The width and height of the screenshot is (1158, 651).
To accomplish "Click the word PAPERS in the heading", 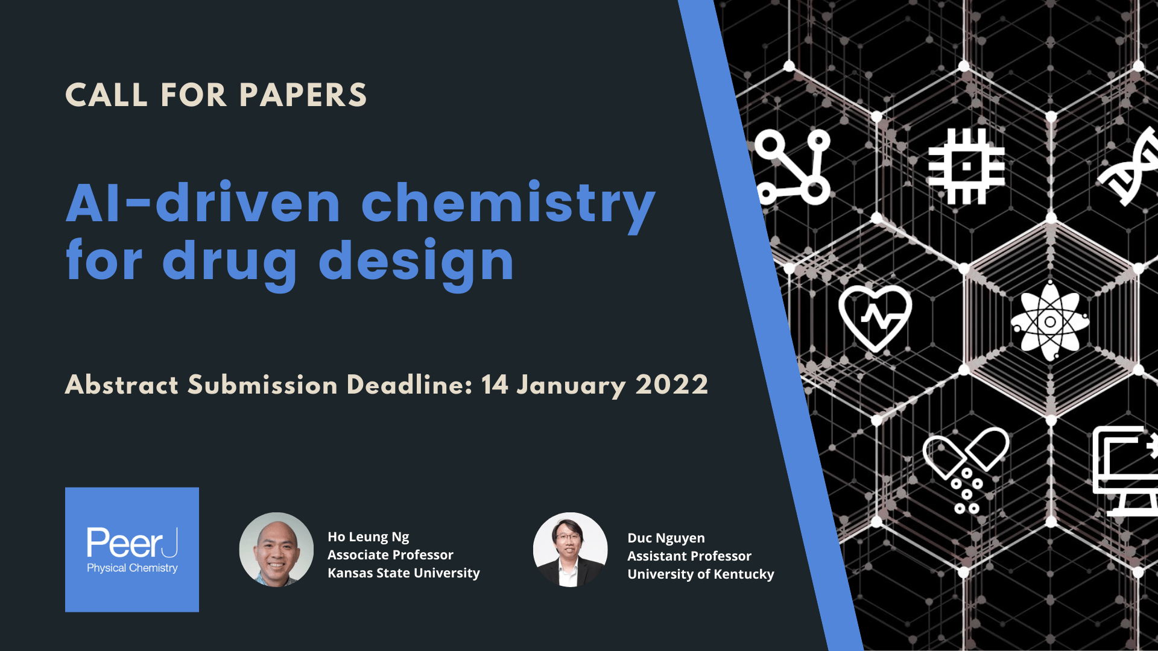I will click(303, 95).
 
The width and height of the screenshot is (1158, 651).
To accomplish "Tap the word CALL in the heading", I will click(106, 95).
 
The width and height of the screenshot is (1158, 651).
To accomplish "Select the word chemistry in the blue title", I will click(508, 204).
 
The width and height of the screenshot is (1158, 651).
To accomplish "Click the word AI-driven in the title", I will click(203, 204).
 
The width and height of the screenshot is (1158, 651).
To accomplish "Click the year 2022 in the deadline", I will click(672, 385).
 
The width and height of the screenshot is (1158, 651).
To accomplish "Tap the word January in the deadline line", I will click(571, 385).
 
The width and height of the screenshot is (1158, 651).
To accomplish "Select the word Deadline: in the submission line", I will click(409, 385).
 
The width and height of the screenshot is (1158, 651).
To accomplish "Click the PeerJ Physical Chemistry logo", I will click(132, 550).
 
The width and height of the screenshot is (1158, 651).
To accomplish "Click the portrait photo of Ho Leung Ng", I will click(276, 549).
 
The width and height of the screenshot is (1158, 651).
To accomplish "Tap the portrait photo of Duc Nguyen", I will click(570, 549).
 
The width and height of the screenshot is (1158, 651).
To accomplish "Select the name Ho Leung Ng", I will click(368, 536).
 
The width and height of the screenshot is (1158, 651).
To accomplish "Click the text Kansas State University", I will click(403, 573).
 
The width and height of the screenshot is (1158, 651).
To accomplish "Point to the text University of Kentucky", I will click(700, 574).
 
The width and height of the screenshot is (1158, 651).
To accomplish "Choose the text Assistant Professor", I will click(689, 556).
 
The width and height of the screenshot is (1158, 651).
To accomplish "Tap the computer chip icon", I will click(966, 166).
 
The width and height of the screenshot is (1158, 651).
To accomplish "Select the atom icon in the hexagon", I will click(1050, 321).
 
